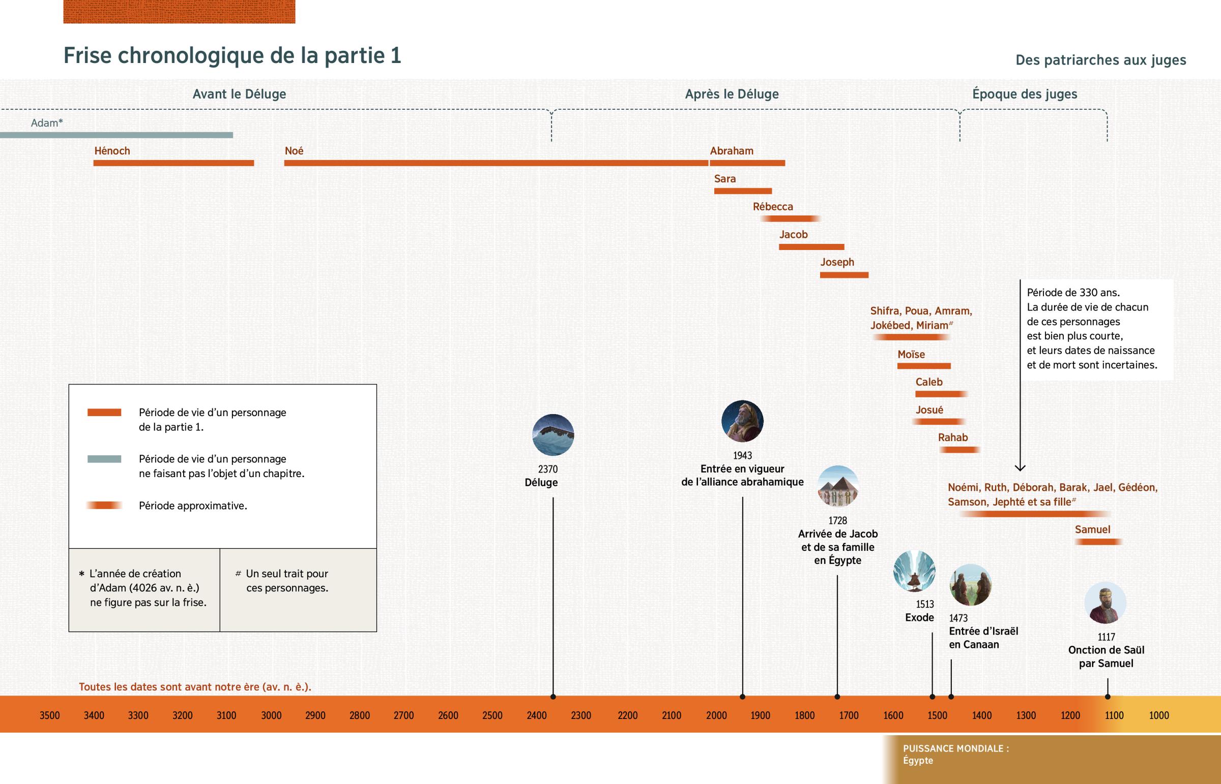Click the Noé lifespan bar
pyautogui.click(x=496, y=163)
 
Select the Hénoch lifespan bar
pyautogui.click(x=173, y=163)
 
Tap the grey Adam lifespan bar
pyautogui.click(x=116, y=135)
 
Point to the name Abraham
pyautogui.click(x=731, y=151)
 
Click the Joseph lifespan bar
pyautogui.click(x=844, y=275)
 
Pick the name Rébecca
pyautogui.click(x=773, y=207)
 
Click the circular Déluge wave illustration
pyautogui.click(x=553, y=435)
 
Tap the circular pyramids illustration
pyautogui.click(x=838, y=486)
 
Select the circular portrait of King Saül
pyautogui.click(x=1105, y=603)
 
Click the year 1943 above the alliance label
pyautogui.click(x=742, y=455)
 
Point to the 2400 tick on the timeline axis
pyautogui.click(x=537, y=715)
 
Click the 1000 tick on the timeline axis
pyautogui.click(x=1159, y=715)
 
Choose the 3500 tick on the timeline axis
pyautogui.click(x=49, y=715)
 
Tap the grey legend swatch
pyautogui.click(x=104, y=459)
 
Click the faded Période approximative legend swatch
pyautogui.click(x=104, y=506)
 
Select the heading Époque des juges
pyautogui.click(x=1024, y=94)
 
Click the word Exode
pyautogui.click(x=919, y=617)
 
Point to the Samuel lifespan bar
pyautogui.click(x=1098, y=542)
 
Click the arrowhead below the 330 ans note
pyautogui.click(x=1020, y=467)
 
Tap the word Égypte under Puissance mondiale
pyautogui.click(x=918, y=761)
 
